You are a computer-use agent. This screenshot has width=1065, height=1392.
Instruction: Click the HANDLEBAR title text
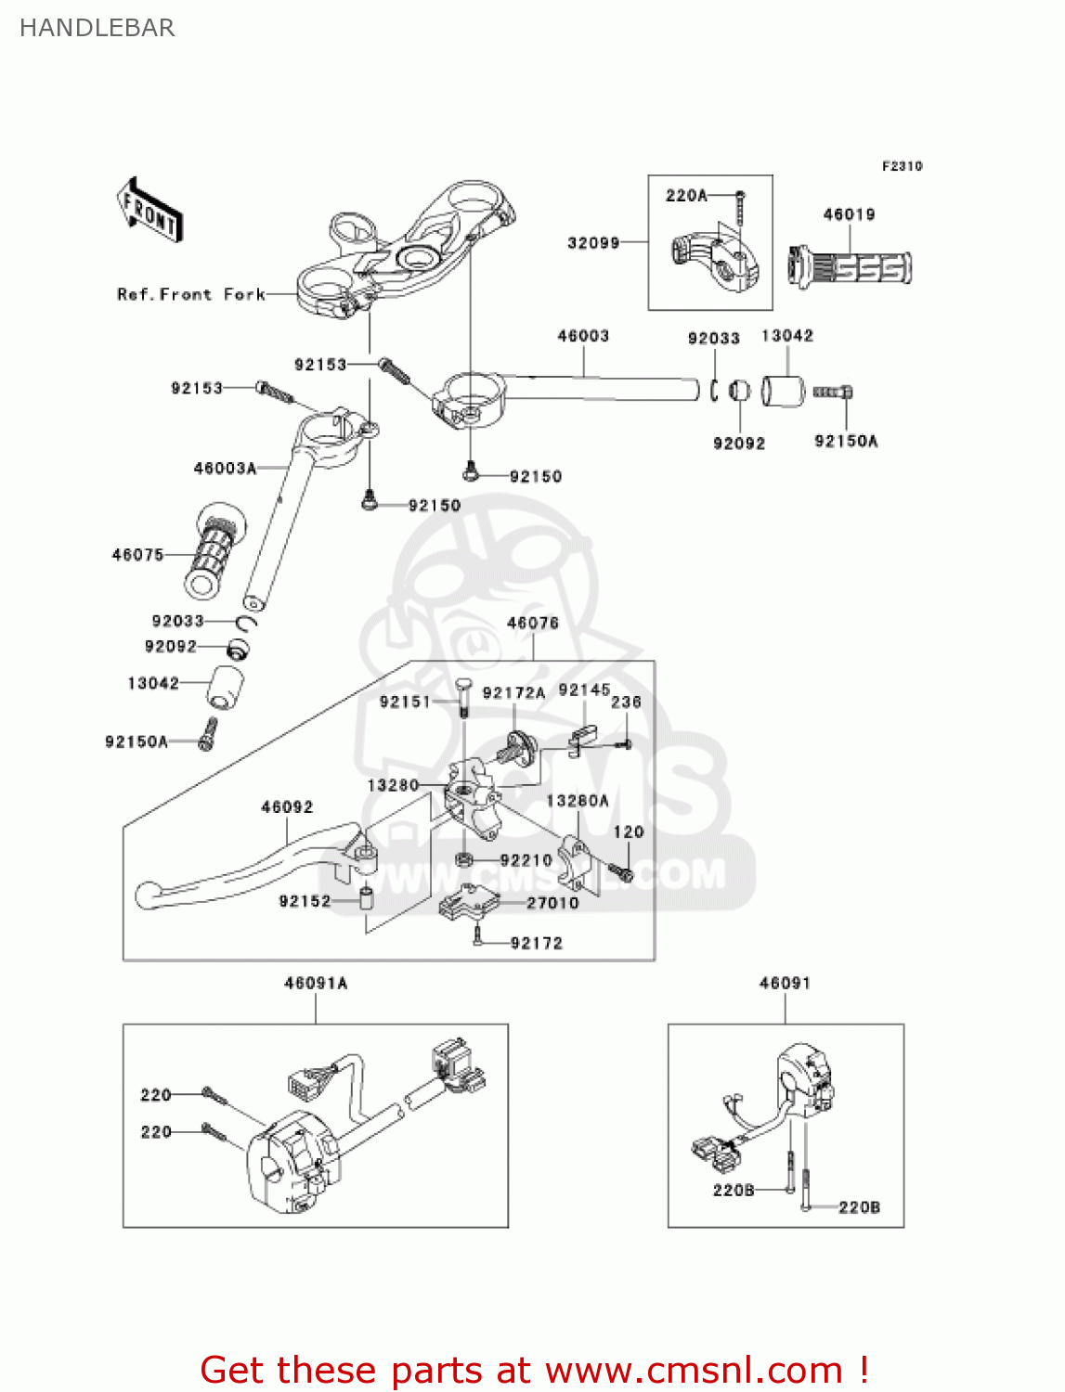[97, 28]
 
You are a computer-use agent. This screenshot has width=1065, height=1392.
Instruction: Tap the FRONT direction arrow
[149, 211]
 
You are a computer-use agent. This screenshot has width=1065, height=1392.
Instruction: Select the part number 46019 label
[849, 214]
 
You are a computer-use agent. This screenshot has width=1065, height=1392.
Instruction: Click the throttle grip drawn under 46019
[850, 267]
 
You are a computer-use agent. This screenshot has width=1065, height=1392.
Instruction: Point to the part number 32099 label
[593, 243]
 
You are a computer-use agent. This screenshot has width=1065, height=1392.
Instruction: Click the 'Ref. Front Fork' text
[191, 294]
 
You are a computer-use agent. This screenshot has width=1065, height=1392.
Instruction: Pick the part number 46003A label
[225, 469]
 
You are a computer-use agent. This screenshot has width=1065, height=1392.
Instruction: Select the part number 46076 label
[533, 623]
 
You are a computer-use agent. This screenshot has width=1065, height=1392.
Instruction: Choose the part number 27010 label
[552, 903]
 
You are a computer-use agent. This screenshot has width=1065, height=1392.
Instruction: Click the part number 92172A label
[513, 693]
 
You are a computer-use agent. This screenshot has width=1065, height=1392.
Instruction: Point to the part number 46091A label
[316, 983]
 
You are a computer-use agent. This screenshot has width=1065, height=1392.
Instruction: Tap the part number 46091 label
[785, 983]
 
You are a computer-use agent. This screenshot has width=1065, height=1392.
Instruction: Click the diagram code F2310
[902, 166]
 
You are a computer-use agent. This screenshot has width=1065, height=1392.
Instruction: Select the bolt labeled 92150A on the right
[833, 393]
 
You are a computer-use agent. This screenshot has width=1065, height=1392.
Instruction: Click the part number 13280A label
[578, 801]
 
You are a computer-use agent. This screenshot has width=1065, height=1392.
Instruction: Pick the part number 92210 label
[526, 860]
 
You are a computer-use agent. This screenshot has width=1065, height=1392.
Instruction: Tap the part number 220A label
[686, 195]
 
